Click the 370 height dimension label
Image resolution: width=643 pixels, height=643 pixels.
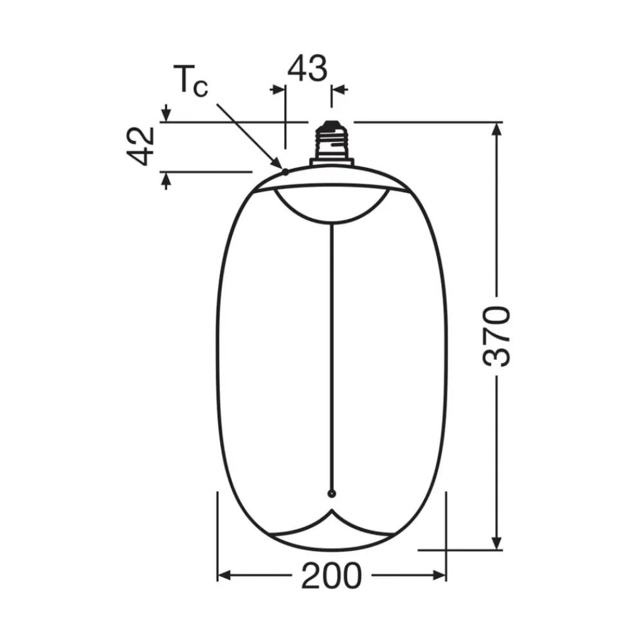point(496,336)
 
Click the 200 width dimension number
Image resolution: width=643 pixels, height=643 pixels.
point(332,575)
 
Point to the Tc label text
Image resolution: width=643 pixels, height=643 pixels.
point(191,81)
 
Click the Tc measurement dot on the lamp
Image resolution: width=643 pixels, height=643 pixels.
point(285,172)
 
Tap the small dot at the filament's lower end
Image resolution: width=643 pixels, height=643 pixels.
point(332,494)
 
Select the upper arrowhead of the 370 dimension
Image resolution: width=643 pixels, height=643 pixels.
point(496,130)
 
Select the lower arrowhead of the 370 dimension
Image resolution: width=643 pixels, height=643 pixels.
point(496,543)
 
